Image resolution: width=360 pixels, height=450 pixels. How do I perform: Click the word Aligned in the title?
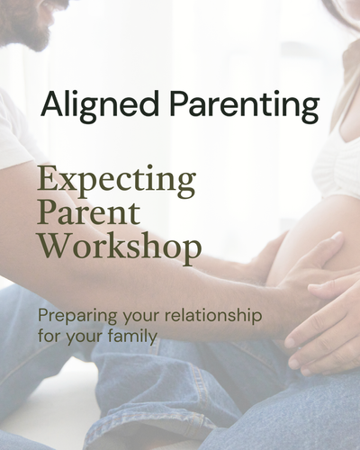[85, 106]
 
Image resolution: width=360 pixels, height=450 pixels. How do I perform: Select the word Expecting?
[115, 183]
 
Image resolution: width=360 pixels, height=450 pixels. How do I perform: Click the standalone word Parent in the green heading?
[88, 215]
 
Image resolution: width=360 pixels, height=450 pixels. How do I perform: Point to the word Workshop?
[118, 247]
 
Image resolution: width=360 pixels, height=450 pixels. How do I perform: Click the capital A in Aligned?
[52, 106]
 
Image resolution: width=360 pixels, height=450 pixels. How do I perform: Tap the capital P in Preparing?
[43, 317]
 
